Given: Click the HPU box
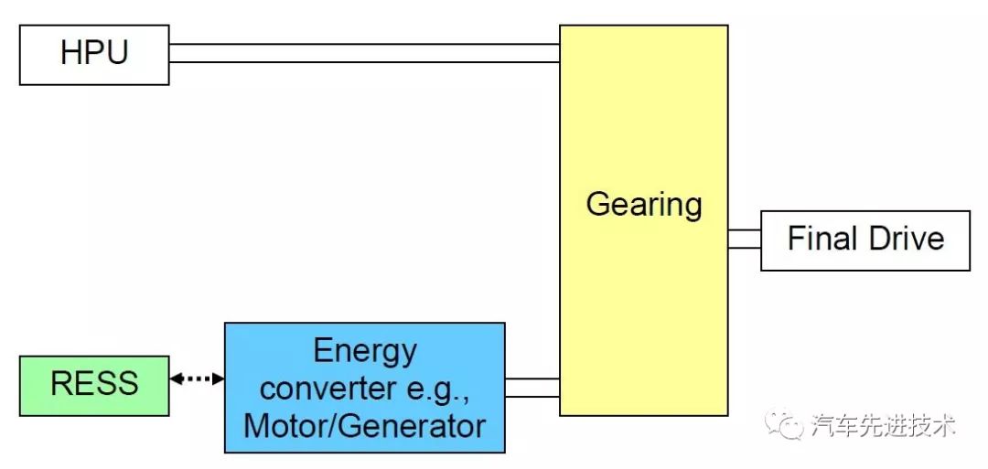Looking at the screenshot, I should pyautogui.click(x=94, y=55).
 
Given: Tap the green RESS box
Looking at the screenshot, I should pyautogui.click(x=94, y=385).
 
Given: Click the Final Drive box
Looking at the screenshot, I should pyautogui.click(x=864, y=240).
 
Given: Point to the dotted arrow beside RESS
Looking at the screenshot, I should pyautogui.click(x=197, y=378).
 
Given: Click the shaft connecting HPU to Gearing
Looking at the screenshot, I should pyautogui.click(x=364, y=53).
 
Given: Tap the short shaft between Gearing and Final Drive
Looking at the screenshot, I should pyautogui.click(x=744, y=240).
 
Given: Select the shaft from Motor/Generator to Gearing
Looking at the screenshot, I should pyautogui.click(x=532, y=388).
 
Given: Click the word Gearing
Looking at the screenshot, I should pyautogui.click(x=643, y=204).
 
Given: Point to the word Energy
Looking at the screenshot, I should pyautogui.click(x=364, y=350).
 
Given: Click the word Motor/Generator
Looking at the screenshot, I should pyautogui.click(x=364, y=426).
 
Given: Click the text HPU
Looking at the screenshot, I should pyautogui.click(x=94, y=53).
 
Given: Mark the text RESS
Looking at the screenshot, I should pyautogui.click(x=94, y=383).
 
